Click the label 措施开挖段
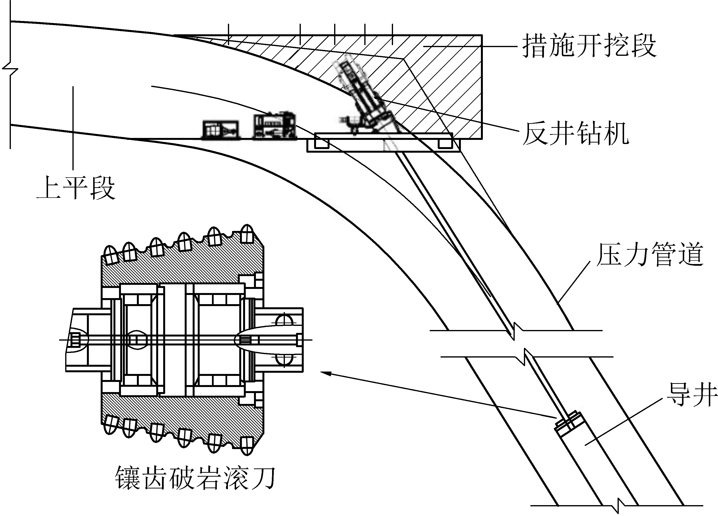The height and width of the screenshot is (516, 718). (x=589, y=46)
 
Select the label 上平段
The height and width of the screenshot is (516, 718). (x=76, y=188)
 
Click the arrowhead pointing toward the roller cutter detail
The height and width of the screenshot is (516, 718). (x=326, y=373)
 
